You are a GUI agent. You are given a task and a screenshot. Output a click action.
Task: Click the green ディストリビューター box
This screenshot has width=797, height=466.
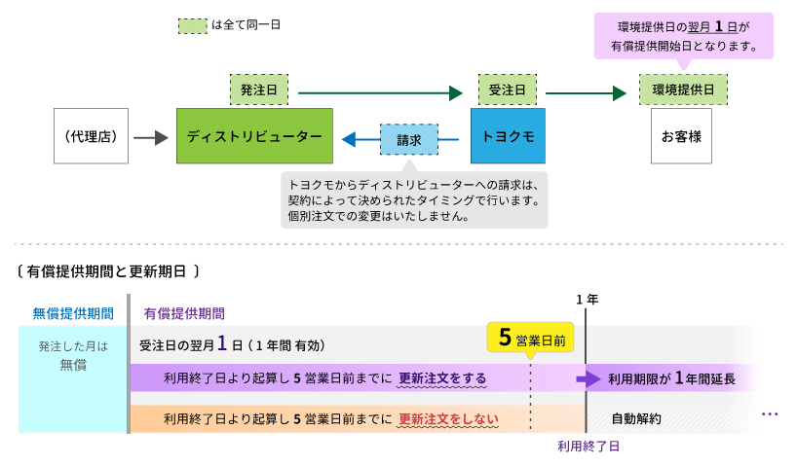tap(254, 136)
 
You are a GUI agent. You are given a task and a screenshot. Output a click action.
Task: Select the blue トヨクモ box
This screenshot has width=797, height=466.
tap(508, 136)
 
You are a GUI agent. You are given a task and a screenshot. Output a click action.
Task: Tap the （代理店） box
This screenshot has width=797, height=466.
tap(91, 136)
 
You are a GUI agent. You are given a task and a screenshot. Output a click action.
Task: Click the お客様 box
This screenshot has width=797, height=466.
tap(681, 136)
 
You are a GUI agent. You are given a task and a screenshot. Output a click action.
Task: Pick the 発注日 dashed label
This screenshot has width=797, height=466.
tap(259, 90)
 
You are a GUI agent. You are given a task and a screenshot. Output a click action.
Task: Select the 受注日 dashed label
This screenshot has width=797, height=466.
tap(508, 90)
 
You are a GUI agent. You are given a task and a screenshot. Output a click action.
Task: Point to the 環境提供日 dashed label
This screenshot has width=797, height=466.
tap(683, 90)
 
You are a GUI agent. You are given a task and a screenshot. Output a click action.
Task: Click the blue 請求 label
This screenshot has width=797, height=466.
tap(409, 140)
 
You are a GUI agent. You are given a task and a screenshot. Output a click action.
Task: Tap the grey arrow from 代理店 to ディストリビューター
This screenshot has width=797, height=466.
tap(150, 138)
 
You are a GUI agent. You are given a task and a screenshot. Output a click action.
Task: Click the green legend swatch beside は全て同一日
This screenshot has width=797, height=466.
tap(192, 25)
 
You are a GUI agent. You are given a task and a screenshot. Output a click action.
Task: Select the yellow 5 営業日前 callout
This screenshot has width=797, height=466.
tap(530, 338)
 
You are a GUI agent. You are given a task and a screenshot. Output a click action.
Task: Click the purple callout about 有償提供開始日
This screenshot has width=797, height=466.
tap(683, 36)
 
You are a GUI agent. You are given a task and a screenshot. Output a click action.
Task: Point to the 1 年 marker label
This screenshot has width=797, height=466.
tap(587, 299)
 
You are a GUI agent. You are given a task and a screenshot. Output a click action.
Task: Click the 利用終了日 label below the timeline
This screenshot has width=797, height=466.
tap(588, 446)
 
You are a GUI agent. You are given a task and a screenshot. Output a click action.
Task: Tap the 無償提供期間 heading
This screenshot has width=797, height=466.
tap(73, 313)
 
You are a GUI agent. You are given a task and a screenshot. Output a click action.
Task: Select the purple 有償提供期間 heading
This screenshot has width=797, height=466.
tap(184, 313)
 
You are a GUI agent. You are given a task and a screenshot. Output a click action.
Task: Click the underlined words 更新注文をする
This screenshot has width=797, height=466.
tap(442, 378)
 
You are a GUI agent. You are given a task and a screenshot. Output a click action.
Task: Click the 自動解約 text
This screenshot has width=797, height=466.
tap(636, 419)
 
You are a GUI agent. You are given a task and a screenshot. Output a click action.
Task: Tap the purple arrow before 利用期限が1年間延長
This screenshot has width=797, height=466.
tap(588, 378)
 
